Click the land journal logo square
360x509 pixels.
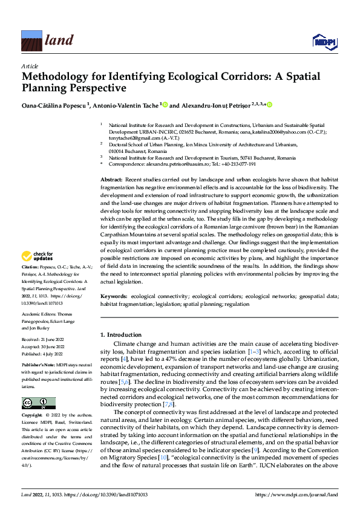(x=31, y=41)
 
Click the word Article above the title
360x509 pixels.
(x=29, y=66)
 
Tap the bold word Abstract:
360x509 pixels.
(x=111, y=180)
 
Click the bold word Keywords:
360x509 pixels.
(x=114, y=296)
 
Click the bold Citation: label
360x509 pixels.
(x=30, y=283)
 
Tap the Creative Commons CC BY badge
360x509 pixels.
(x=38, y=403)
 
